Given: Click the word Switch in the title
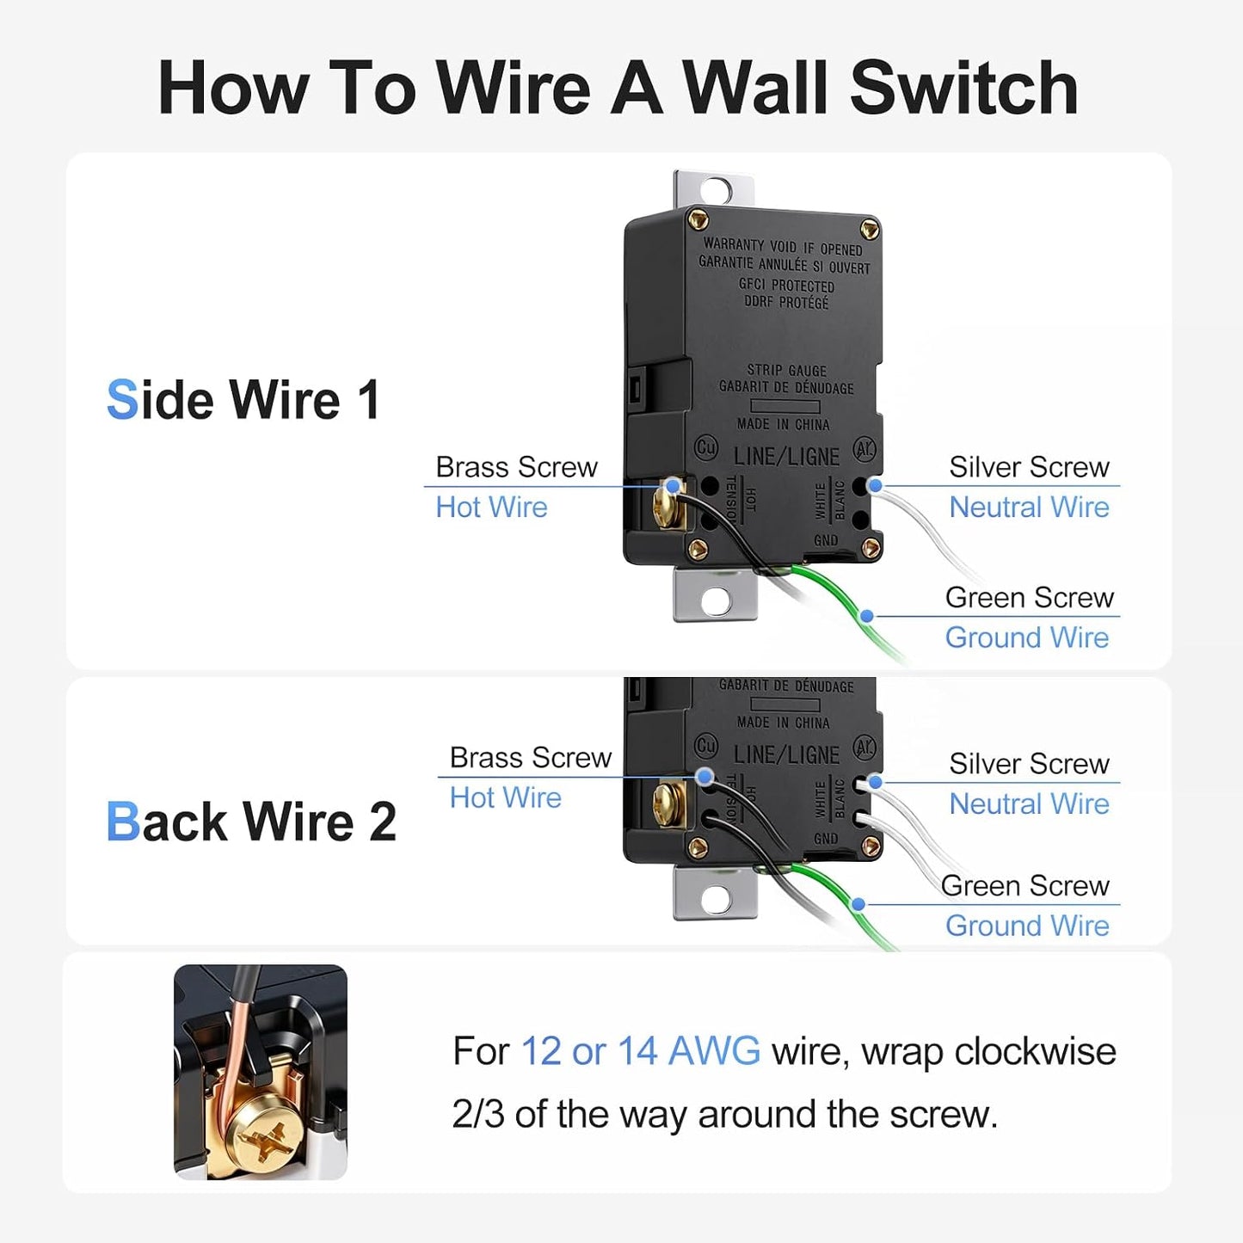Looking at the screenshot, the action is pos(963,87).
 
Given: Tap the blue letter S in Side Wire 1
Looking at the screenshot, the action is pos(122,399).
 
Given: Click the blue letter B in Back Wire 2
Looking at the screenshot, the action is pos(123,821).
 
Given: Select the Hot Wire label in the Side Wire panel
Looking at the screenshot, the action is pos(491,507).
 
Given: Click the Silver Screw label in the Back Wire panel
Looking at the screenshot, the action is pos(1029,764).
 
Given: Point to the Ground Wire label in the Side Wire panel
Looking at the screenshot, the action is pos(1027,637).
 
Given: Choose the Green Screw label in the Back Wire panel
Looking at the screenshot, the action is pos(1025,886).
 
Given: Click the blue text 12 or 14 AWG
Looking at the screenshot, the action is pos(640,1051).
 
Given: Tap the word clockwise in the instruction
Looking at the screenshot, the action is pos(1036,1051).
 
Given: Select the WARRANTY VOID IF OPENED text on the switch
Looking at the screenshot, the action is pos(783,246).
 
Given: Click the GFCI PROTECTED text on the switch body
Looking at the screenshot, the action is pos(786,285).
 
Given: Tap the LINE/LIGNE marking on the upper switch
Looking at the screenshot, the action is pos(786,457).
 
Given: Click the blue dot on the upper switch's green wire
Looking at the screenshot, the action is pos(867,616).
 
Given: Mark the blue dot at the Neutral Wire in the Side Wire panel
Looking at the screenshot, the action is pos(876,486).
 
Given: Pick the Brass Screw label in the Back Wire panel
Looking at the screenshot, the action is pos(530,757).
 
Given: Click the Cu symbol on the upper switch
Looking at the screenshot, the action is pos(706,447).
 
